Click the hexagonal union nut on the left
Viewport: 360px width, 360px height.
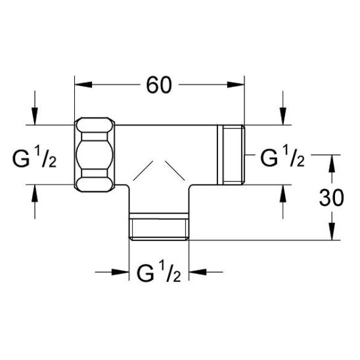click(97, 155)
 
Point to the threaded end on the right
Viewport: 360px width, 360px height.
click(231, 155)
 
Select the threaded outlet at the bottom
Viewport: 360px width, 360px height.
click(160, 227)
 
